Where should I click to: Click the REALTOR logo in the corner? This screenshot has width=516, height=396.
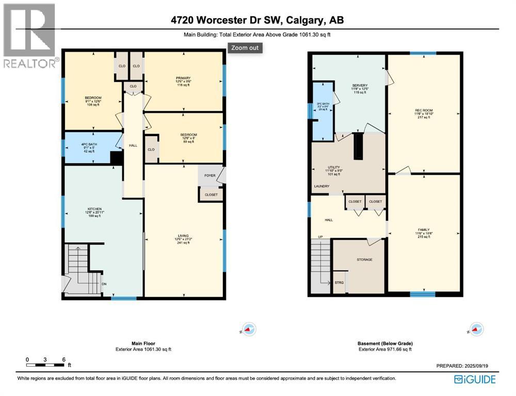click(29, 36)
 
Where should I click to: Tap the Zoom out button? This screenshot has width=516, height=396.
click(246, 48)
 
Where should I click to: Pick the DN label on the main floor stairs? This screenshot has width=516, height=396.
click(103, 283)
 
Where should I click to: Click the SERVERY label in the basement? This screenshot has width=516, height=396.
click(360, 85)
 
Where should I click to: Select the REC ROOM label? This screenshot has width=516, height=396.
click(423, 110)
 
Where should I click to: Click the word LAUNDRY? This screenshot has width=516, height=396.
click(321, 187)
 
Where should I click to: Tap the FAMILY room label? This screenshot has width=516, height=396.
click(424, 230)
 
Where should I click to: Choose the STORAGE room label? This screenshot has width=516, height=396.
click(364, 259)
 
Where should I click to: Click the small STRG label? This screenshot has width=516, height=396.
click(339, 282)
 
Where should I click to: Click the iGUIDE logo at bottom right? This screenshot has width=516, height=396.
click(475, 379)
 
